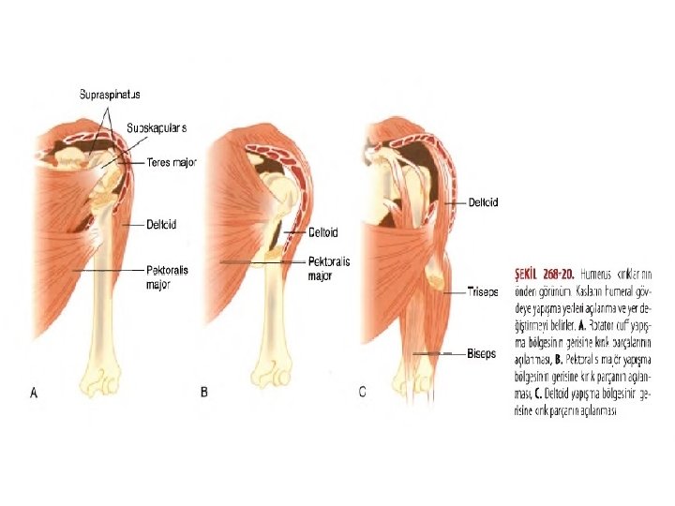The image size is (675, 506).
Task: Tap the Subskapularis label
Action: point(157,127)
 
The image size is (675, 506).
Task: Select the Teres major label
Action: point(172,162)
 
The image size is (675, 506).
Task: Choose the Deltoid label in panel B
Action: point(323,232)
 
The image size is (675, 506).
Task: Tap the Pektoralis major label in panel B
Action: point(329,269)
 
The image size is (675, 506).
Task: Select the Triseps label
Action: point(484,292)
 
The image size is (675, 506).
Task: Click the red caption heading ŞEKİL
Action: point(529,276)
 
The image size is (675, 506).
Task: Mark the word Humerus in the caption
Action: point(597,276)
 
